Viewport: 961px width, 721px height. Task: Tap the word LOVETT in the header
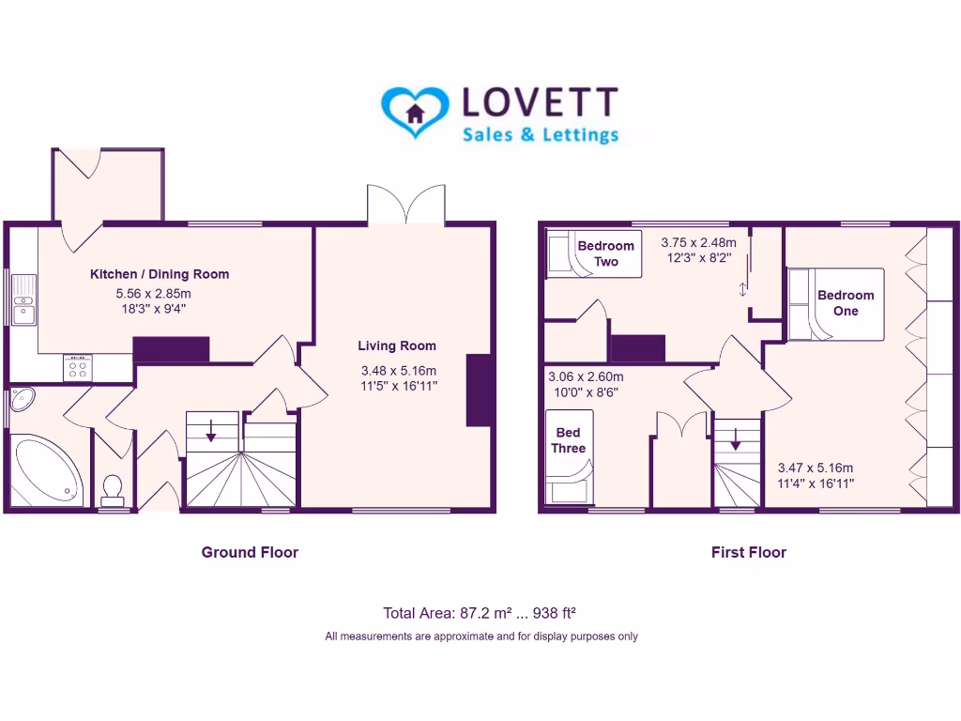pos(541,104)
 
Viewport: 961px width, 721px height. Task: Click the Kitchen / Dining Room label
pos(160,274)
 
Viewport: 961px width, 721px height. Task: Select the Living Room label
pos(397,345)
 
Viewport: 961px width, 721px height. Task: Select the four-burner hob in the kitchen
pos(77,368)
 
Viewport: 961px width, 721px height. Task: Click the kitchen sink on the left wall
pos(22,299)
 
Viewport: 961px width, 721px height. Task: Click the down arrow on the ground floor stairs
pos(211,431)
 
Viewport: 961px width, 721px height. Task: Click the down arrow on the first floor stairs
pos(736,438)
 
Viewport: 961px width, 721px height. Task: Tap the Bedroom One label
pos(846,302)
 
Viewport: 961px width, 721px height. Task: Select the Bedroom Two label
pos(606,253)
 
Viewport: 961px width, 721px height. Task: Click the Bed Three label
pos(569,440)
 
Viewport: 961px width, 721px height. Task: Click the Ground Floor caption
pos(250,552)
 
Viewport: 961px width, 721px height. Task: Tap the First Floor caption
pos(749,552)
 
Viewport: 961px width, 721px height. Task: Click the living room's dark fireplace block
pos(479,390)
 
